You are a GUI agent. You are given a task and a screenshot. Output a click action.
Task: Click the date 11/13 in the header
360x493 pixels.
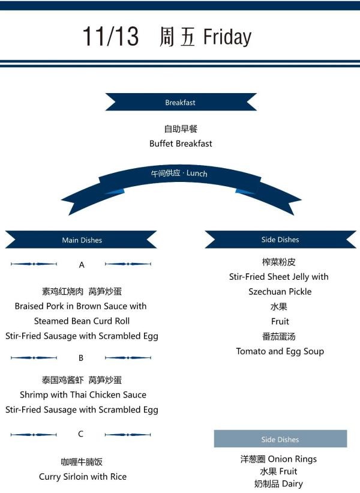[x=110, y=37]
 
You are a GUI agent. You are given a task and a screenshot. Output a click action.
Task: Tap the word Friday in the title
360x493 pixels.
[x=227, y=37]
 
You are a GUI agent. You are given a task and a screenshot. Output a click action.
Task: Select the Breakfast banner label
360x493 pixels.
[x=181, y=103]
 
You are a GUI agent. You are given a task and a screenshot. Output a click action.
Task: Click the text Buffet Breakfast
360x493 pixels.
[x=181, y=144]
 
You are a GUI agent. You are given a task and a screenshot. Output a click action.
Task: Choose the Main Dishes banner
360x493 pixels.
[x=82, y=240]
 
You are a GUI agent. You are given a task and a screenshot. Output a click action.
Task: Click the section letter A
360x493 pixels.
[x=82, y=265]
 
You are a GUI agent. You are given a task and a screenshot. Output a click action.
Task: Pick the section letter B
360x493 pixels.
[x=81, y=358]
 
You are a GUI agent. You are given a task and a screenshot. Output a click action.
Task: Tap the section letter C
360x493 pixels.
[x=81, y=434]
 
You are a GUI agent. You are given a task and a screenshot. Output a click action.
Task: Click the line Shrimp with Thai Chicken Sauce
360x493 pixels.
[x=83, y=395]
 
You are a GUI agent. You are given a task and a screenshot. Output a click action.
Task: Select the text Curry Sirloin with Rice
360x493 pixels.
[x=83, y=477]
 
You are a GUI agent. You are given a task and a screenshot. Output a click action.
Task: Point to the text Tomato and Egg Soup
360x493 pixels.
[x=280, y=351]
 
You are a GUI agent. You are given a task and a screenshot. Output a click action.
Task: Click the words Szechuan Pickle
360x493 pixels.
[x=280, y=292]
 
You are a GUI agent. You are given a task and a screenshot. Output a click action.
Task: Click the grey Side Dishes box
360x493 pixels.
[x=280, y=440]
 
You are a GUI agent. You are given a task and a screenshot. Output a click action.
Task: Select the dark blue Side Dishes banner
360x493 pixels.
[x=280, y=240]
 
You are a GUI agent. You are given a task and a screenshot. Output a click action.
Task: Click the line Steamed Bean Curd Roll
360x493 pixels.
[x=82, y=321]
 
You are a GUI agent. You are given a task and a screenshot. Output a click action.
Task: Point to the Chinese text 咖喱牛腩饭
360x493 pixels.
[x=82, y=462]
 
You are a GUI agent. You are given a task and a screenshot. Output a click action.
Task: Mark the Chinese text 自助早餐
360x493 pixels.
[x=181, y=129]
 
